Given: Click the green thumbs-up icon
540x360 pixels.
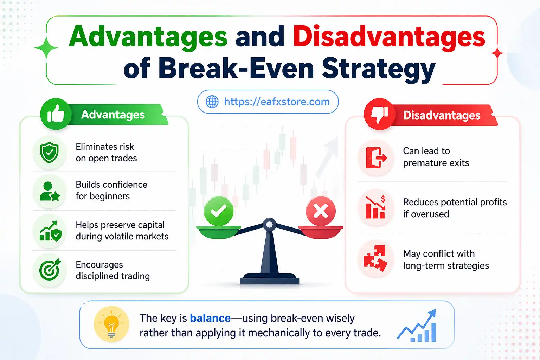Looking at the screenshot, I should coord(56,114).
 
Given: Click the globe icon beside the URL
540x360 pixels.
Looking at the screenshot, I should coord(212,102).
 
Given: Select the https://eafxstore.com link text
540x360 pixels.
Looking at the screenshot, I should coord(277,102).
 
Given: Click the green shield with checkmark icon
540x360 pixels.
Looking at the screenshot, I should coord(50,153).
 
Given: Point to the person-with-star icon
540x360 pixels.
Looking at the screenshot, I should coord(50,191).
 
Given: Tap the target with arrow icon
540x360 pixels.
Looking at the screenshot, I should coord(50,270).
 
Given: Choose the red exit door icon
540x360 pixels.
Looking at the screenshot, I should coord(376,157).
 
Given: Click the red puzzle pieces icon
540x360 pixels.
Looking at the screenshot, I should coord(375,259).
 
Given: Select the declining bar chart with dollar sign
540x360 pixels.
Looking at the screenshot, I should coord(375,208).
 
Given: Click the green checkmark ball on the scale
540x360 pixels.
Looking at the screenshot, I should coord(218,211).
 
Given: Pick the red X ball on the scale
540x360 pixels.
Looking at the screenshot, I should coord(320,211).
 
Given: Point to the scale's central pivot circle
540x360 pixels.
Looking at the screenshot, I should coord(269,224).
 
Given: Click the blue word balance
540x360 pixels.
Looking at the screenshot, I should coord(210,318).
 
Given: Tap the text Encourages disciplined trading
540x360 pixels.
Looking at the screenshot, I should coord(112,270).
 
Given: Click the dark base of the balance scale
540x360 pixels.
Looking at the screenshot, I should coord(269,280).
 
